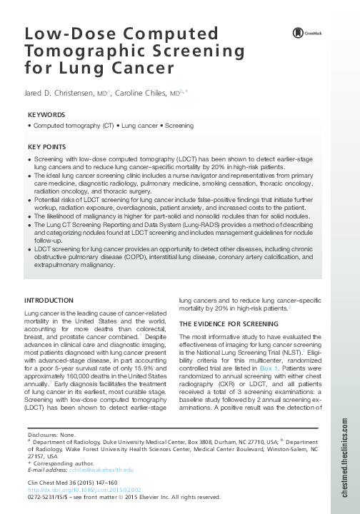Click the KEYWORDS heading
click(46, 114)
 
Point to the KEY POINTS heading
click(47, 146)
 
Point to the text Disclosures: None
click(52, 435)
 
